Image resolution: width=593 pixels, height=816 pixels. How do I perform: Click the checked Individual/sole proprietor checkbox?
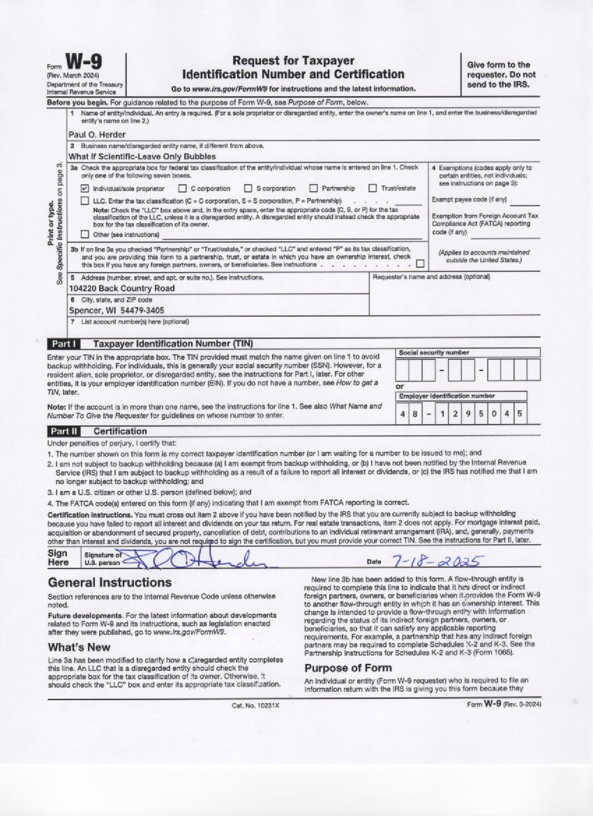point(85,188)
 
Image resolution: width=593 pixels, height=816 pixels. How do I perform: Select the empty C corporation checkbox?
point(182,188)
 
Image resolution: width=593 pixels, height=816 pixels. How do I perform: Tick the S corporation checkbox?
point(248,188)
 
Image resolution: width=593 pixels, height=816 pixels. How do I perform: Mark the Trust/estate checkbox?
point(373,188)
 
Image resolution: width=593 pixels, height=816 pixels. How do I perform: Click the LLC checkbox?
point(85,201)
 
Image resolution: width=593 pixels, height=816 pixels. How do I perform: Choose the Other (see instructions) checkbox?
point(85,234)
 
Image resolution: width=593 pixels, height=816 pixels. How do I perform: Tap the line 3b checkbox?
point(419,264)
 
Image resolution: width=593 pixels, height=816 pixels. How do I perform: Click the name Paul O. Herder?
point(97,135)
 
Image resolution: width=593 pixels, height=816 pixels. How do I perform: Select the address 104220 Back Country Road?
point(121,288)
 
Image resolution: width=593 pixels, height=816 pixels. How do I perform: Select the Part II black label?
point(63,431)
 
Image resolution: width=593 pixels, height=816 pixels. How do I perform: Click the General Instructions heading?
point(110,582)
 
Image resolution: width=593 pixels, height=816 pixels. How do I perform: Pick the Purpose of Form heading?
point(349,667)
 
